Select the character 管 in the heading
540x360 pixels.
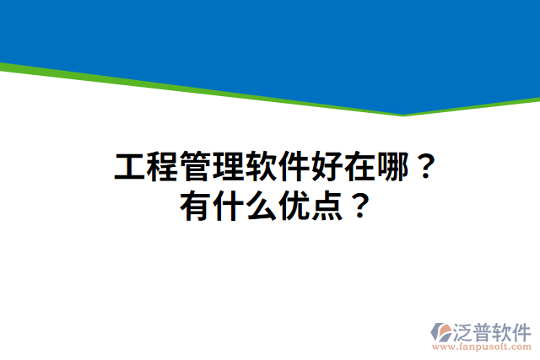point(194,168)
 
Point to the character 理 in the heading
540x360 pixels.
point(227,168)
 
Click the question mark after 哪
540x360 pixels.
point(425,169)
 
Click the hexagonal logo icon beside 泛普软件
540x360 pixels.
point(441,331)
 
